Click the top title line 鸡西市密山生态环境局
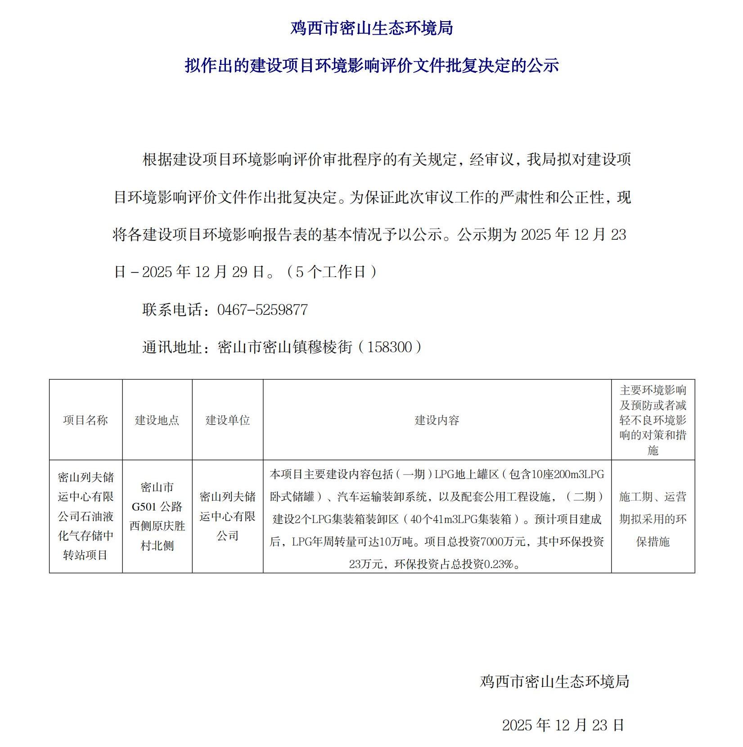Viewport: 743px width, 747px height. (371, 28)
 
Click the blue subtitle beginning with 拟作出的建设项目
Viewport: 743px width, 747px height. (371, 66)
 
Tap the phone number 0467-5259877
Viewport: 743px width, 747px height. (262, 310)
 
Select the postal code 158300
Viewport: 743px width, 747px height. (389, 347)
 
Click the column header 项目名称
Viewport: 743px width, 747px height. (86, 420)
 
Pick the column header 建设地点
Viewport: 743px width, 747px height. (157, 420)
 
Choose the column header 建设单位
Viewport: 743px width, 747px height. (228, 420)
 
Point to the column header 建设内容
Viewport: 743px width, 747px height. (437, 420)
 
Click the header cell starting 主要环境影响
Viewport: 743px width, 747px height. (653, 420)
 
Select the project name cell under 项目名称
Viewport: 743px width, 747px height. (86, 516)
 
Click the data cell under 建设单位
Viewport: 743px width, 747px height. (228, 516)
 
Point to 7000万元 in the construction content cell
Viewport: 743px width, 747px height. (503, 542)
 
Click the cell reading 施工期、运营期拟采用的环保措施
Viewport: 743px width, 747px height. (653, 519)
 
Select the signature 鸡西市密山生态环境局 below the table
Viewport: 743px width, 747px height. (554, 681)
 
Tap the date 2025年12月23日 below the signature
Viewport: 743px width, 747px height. (563, 725)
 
